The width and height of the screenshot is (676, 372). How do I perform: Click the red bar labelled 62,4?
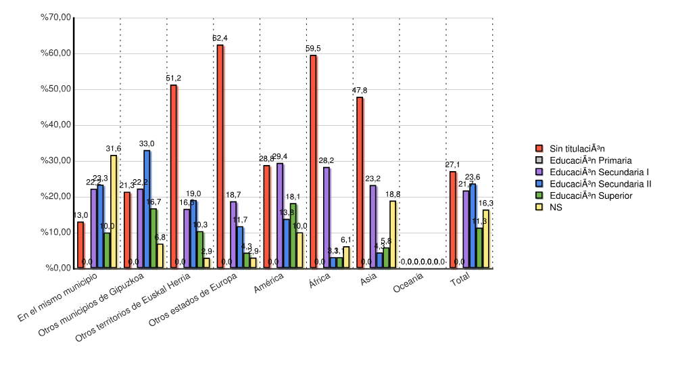[220, 156]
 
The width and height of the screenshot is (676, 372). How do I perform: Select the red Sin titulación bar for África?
[313, 162]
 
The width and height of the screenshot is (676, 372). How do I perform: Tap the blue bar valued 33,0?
[147, 209]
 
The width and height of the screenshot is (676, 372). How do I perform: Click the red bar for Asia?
[360, 183]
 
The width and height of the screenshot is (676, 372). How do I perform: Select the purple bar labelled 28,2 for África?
[327, 217]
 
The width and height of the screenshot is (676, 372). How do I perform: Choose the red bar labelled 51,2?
[173, 177]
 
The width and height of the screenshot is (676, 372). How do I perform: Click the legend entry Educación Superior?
[590, 195]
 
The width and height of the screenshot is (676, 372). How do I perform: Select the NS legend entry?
[555, 207]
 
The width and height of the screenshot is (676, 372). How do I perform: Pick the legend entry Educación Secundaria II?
[600, 184]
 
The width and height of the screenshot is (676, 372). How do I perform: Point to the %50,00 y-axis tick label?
[56, 89]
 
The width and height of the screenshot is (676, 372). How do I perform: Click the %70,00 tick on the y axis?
[56, 18]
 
